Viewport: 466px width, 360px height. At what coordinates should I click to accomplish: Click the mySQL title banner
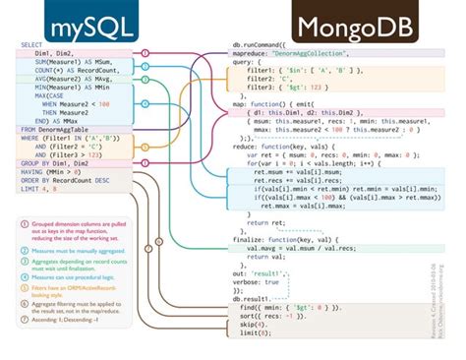coord(74,21)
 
